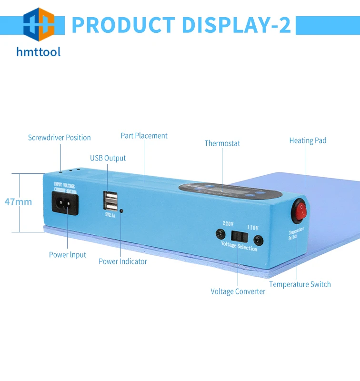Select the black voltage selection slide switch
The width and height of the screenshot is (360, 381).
[239, 235]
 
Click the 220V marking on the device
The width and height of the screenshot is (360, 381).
[229, 223]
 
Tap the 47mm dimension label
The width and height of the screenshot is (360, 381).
[18, 202]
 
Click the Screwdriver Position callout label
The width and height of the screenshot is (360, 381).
[59, 138]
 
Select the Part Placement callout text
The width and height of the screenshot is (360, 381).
[144, 136]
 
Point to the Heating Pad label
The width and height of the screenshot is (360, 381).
[308, 140]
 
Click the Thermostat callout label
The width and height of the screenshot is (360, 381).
[222, 143]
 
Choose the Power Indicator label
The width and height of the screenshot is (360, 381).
[123, 261]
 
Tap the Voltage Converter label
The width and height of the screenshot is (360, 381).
[238, 291]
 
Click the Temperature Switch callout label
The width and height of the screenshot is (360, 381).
[300, 284]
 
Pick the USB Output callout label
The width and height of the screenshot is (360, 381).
[108, 158]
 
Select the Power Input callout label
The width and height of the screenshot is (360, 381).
[68, 255]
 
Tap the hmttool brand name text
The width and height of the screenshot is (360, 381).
[39, 51]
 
